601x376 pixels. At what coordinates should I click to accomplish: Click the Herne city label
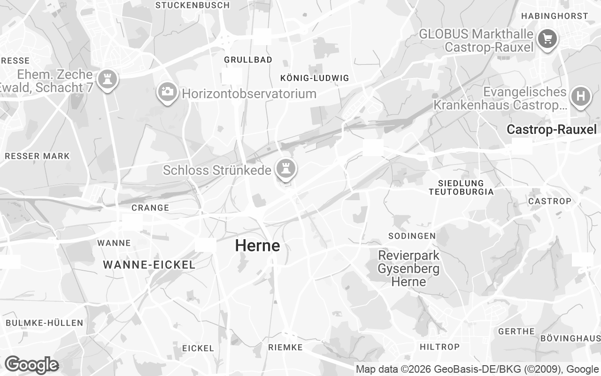(257, 245)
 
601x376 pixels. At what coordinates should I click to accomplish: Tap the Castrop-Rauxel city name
(551, 130)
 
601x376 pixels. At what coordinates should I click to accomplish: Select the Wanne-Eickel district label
(149, 265)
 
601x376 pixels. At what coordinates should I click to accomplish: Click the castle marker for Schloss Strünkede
(285, 167)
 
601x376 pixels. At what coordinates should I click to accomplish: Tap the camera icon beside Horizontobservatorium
(167, 92)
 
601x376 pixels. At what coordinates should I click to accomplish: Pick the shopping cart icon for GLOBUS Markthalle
(547, 38)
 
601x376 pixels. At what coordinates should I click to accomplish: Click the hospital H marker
(580, 96)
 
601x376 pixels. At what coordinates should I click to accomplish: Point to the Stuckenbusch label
(193, 5)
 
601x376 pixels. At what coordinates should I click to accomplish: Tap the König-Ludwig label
(315, 78)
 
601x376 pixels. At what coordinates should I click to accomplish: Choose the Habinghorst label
(555, 16)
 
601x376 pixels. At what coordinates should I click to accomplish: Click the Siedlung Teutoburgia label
(461, 187)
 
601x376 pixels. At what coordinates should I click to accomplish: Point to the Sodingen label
(412, 235)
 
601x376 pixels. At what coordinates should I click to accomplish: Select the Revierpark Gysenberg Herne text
(409, 269)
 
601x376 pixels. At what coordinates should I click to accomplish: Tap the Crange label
(150, 208)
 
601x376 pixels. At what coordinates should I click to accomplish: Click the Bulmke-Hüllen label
(45, 323)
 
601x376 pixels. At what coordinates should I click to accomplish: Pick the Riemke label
(285, 347)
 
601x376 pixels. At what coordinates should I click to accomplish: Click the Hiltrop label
(439, 347)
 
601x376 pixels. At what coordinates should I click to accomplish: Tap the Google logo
(31, 365)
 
